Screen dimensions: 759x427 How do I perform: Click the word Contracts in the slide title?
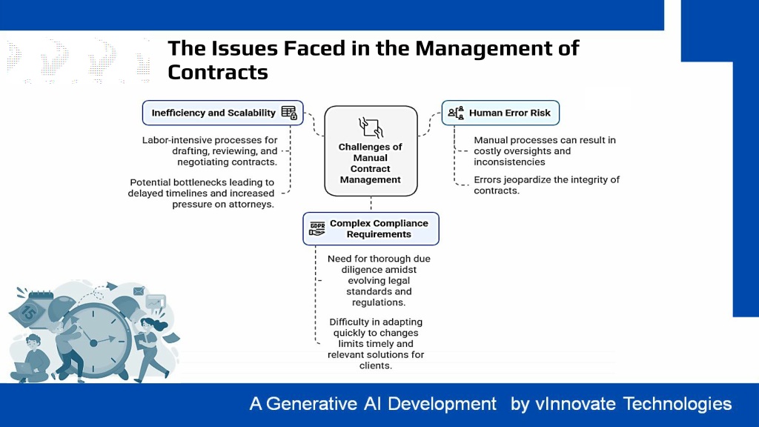pos(218,72)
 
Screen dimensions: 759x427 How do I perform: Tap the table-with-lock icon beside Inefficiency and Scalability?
pos(289,113)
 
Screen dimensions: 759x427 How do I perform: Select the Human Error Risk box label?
pos(510,113)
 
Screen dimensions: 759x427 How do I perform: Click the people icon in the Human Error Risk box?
pos(456,113)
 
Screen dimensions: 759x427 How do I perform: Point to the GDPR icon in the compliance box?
pos(317,228)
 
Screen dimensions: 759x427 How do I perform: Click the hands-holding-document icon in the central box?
pos(371,128)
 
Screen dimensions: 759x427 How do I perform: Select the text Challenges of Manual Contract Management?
pos(371,163)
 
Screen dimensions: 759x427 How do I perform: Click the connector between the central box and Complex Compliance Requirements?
pos(371,204)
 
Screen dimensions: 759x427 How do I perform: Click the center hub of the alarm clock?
pos(93,342)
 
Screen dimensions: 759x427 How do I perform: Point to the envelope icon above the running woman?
pos(139,291)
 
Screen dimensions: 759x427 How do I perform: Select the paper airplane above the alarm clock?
pos(111,286)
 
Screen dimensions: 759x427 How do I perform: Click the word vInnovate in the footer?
pos(575,404)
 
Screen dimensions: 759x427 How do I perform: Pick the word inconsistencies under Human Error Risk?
pos(509,162)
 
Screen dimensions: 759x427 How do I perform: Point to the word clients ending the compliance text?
pos(376,365)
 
